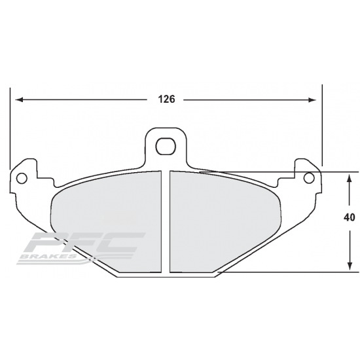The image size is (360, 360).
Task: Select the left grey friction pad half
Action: pos(108,216)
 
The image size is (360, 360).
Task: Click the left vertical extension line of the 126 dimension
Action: pos(12,131)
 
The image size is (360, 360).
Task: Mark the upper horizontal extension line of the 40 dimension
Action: pos(334,172)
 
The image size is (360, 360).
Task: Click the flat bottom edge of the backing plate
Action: pos(166,278)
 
